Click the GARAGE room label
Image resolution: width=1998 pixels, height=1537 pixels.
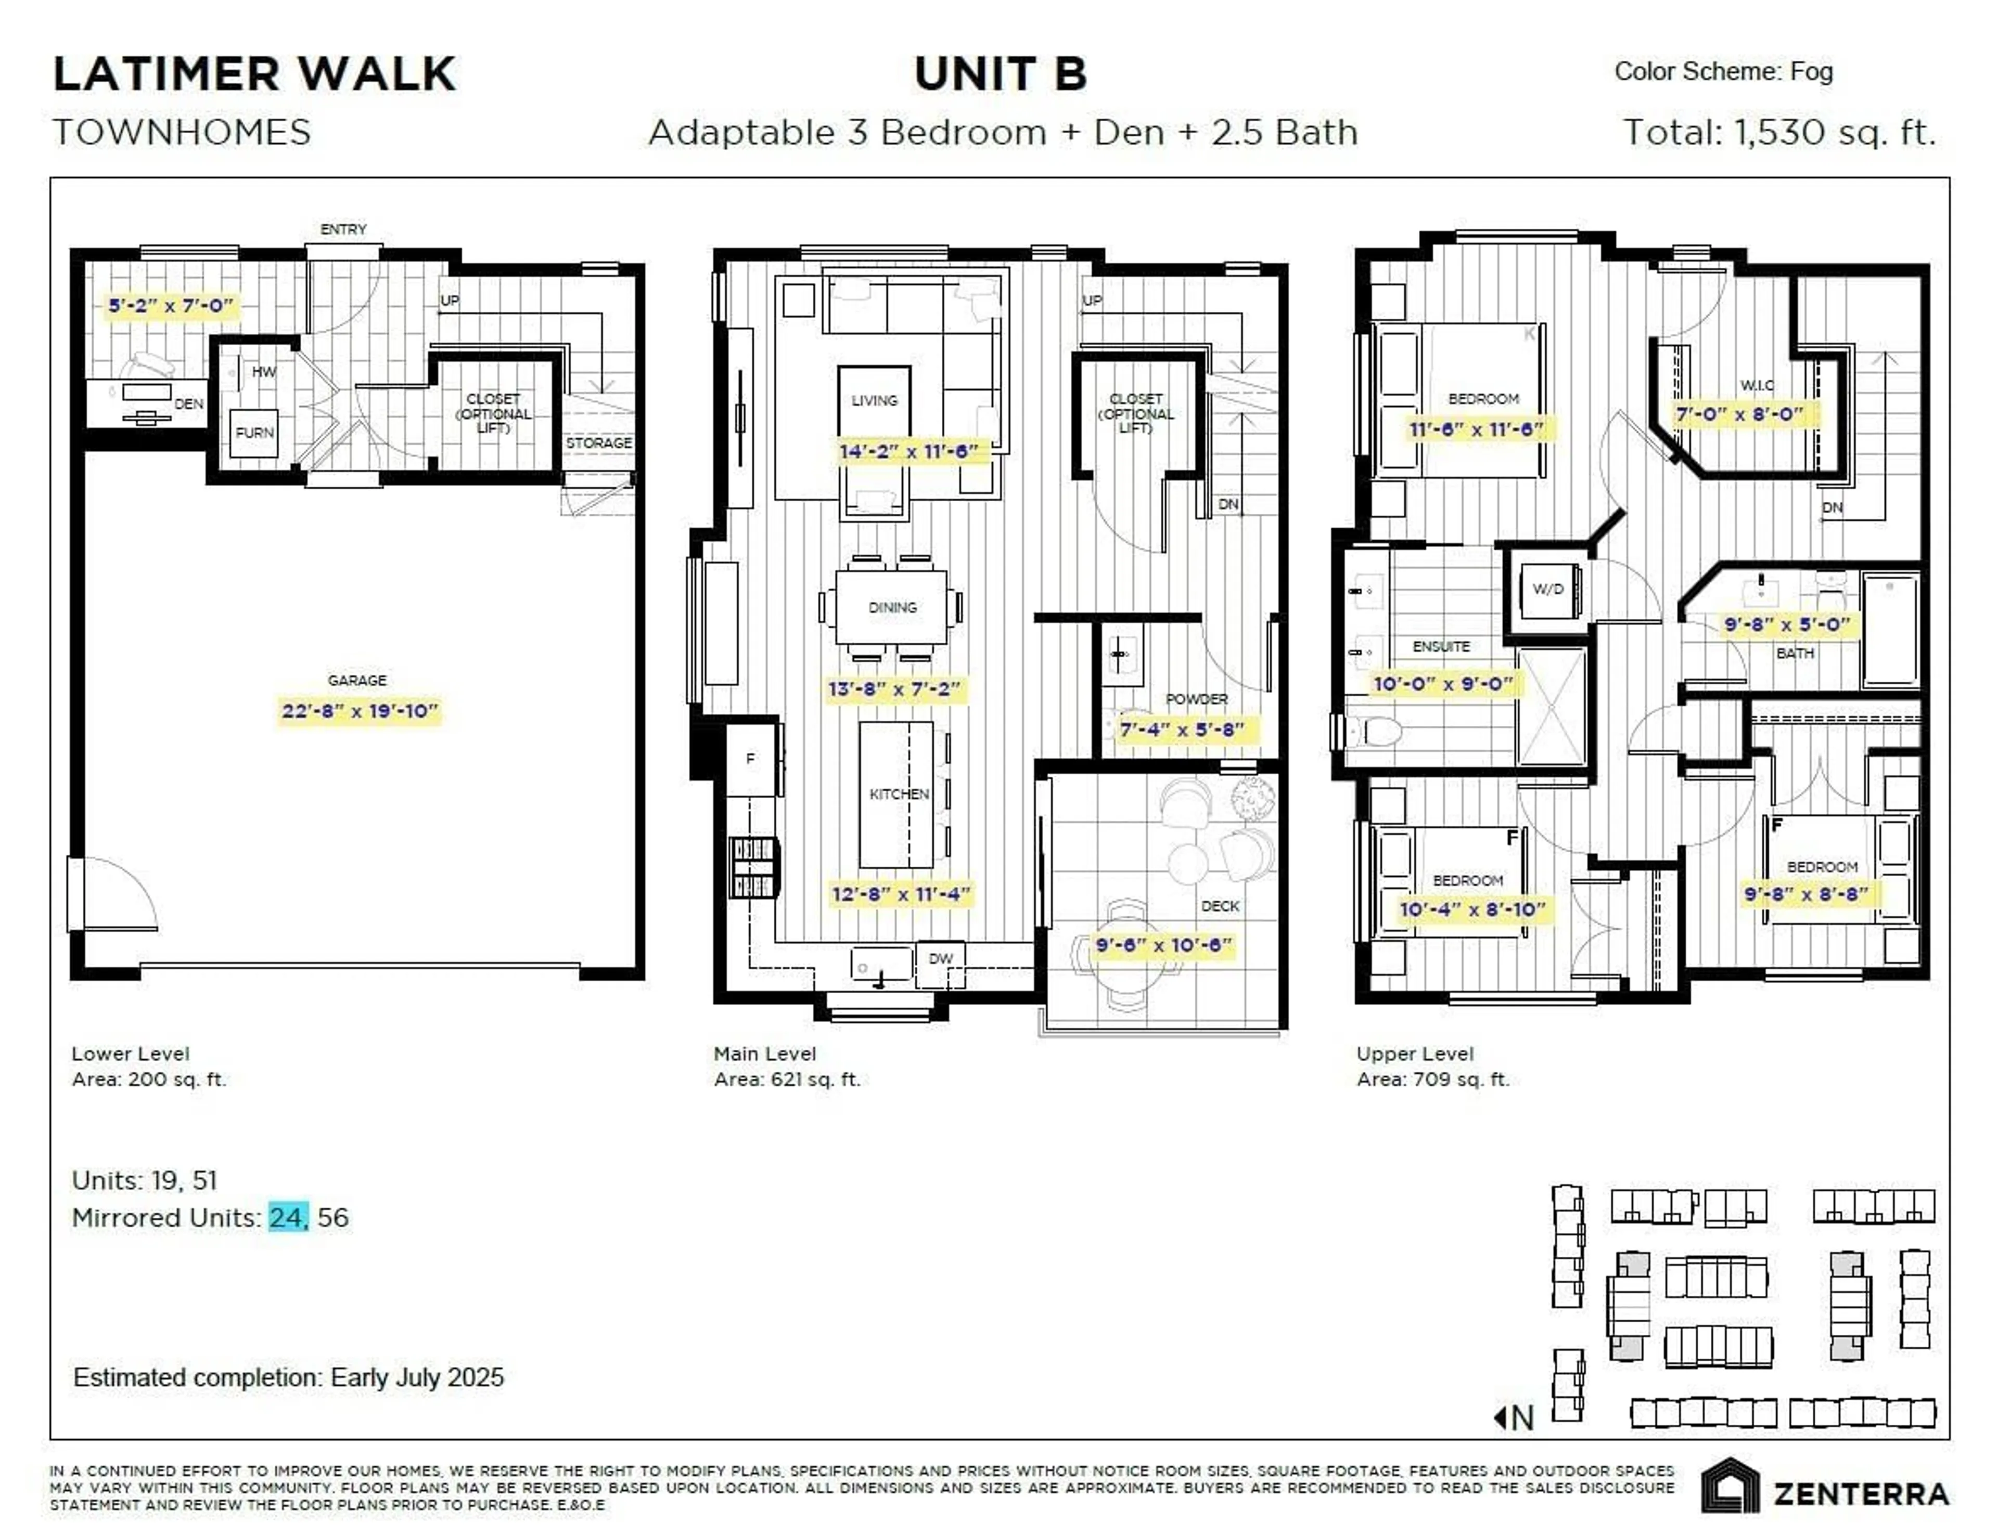357,680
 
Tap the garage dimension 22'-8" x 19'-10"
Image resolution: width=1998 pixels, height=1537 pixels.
360,710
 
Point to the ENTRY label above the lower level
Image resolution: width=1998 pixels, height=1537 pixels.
343,229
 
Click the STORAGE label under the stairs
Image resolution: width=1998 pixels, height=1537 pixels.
598,442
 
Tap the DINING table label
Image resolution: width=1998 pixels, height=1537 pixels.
892,607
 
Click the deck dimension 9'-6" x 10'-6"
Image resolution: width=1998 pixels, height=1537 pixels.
1163,945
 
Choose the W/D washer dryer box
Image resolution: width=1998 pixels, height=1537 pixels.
1548,589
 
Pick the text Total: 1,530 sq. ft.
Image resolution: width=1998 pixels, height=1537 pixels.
1779,133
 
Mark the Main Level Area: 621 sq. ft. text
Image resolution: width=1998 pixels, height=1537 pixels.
787,1066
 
